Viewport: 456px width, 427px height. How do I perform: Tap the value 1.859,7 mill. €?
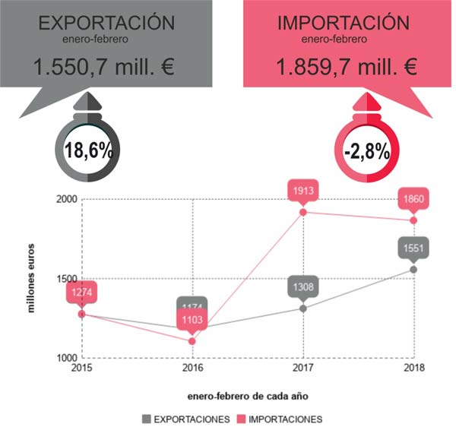point(346,68)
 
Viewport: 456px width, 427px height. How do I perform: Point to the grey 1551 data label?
point(414,248)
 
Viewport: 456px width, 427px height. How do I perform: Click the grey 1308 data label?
point(302,287)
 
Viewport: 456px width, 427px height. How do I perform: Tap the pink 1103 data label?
point(192,321)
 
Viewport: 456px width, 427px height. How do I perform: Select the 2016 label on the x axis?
point(192,369)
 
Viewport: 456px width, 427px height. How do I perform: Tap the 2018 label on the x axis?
point(413,369)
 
